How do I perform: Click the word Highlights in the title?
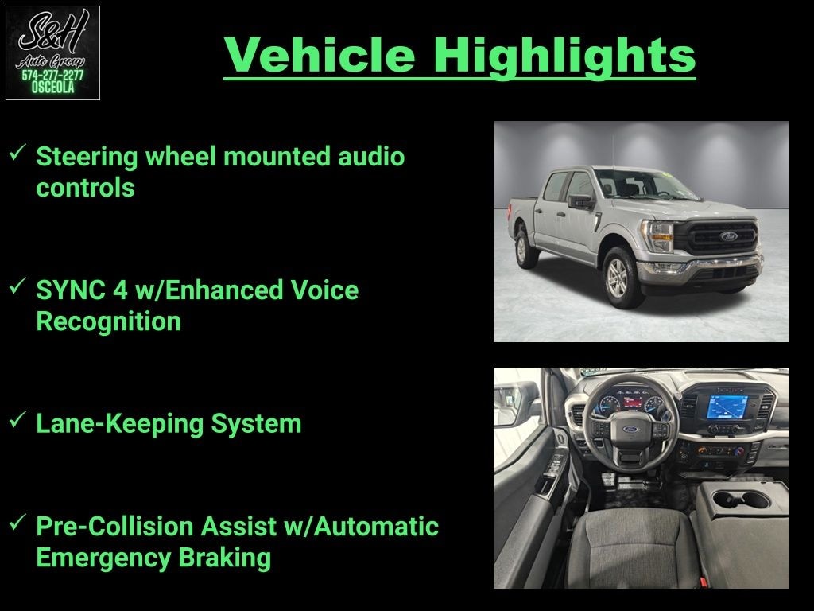click(x=564, y=57)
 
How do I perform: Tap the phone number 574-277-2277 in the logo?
click(x=52, y=76)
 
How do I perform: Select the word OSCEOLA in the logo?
click(x=52, y=88)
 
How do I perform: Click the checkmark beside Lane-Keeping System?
click(x=17, y=419)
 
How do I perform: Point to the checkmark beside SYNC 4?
click(x=17, y=286)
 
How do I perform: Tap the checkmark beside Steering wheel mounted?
click(x=17, y=152)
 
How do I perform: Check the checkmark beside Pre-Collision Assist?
click(x=17, y=522)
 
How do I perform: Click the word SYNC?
click(x=71, y=290)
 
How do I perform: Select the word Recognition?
click(x=108, y=321)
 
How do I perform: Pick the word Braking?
click(x=225, y=558)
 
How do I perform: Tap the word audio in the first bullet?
click(x=371, y=157)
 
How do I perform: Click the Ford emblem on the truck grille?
click(x=728, y=236)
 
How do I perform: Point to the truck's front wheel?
click(x=619, y=277)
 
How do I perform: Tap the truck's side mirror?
click(x=580, y=201)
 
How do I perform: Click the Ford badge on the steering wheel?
click(x=630, y=430)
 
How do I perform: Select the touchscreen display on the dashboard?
click(x=727, y=407)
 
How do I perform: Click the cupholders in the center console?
click(x=741, y=500)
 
